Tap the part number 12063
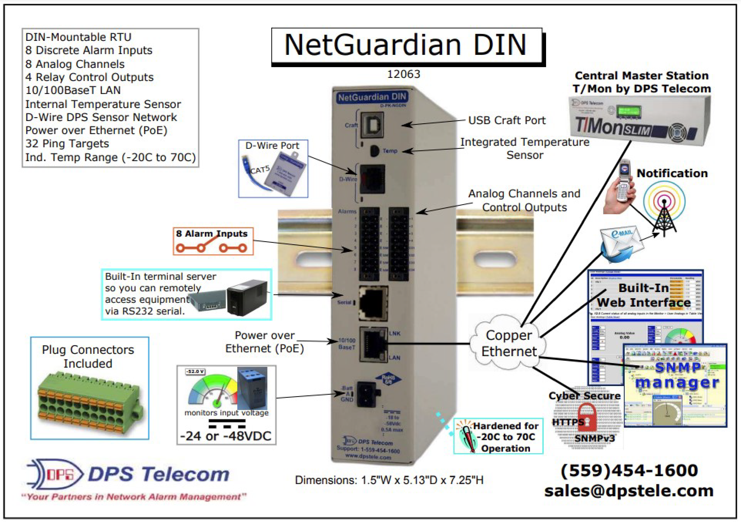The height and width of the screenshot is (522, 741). tap(403, 74)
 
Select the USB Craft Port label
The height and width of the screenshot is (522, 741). tap(507, 120)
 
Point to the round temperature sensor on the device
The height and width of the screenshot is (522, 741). tap(374, 151)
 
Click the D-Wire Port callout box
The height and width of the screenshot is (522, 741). tap(273, 169)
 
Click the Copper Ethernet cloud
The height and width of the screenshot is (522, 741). tap(508, 344)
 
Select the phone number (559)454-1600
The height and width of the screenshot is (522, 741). tap(629, 470)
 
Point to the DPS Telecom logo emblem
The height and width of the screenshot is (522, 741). tap(55, 474)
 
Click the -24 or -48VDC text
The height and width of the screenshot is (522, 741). tap(226, 436)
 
